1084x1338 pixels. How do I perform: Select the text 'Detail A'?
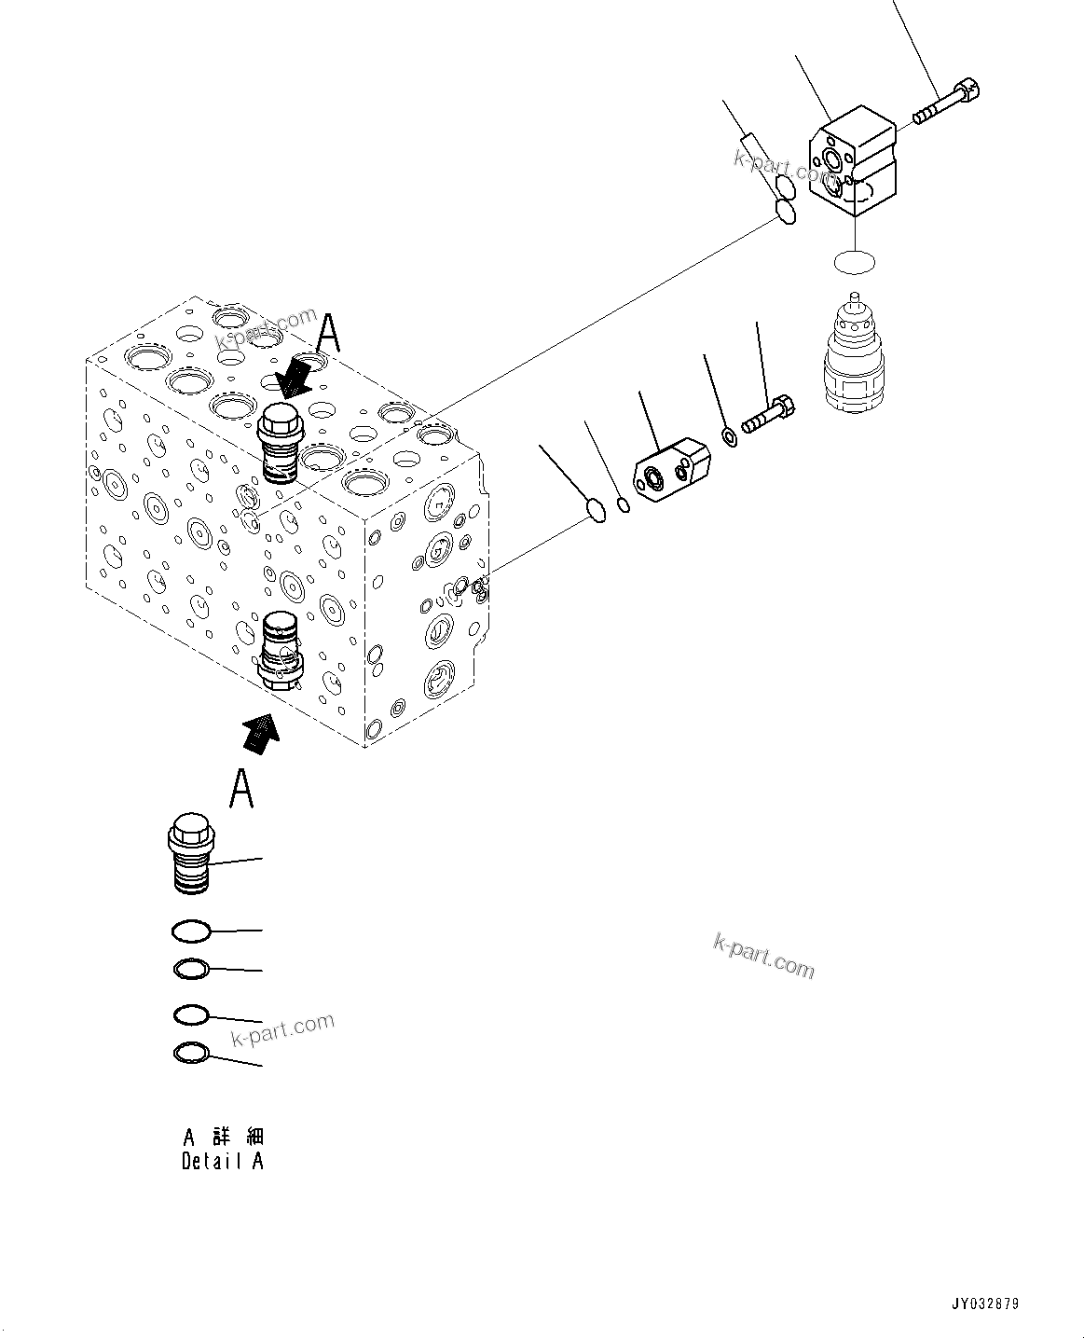[223, 1162]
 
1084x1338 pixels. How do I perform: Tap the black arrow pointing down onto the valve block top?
[296, 377]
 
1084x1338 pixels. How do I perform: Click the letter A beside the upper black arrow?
[328, 333]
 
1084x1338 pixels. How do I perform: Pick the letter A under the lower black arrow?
[242, 788]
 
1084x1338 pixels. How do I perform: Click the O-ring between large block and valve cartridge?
[854, 262]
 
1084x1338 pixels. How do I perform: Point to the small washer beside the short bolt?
[731, 435]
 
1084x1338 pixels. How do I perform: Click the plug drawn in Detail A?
[189, 855]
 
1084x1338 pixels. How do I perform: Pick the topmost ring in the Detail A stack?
[191, 930]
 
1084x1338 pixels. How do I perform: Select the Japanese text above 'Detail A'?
[223, 1137]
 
